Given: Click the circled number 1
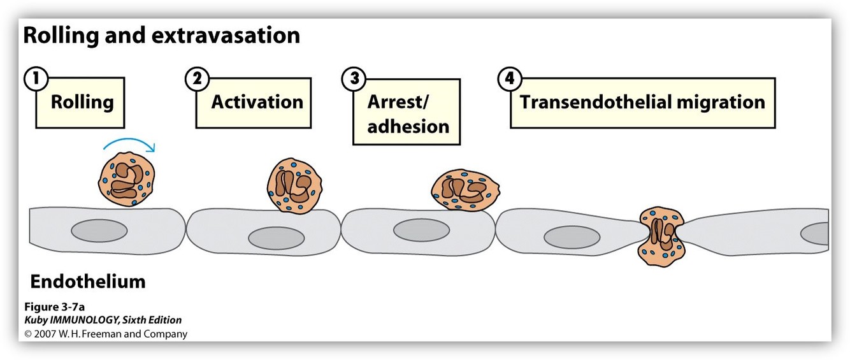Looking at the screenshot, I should pyautogui.click(x=36, y=80).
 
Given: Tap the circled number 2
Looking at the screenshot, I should pyautogui.click(x=198, y=80).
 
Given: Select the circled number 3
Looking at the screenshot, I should pyautogui.click(x=354, y=80).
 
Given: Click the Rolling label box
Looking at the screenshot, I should pyautogui.click(x=82, y=103).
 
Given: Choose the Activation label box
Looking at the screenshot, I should pyautogui.click(x=257, y=103).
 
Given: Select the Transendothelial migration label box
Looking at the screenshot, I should pyautogui.click(x=642, y=103).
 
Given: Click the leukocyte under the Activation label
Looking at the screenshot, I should pyautogui.click(x=294, y=187).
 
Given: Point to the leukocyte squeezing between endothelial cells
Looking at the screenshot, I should pyautogui.click(x=660, y=236).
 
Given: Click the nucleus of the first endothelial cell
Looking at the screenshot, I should pyautogui.click(x=99, y=231).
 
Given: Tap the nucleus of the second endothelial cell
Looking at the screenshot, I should pyautogui.click(x=276, y=238).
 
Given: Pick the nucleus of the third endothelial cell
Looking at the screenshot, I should pyautogui.click(x=422, y=231).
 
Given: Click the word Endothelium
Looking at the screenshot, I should pyautogui.click(x=88, y=281).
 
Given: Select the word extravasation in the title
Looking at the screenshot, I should pyautogui.click(x=226, y=36).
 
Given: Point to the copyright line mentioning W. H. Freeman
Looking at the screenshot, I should pyautogui.click(x=106, y=334).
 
